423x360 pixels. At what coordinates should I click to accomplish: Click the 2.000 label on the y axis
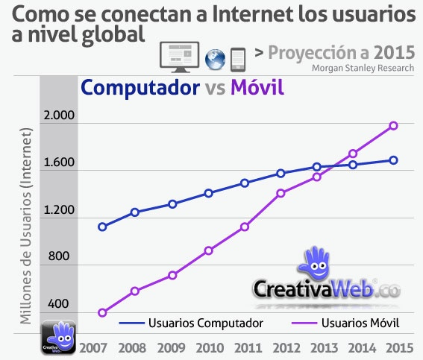coord(59,115)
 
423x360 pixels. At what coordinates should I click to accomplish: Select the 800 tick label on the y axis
coord(59,256)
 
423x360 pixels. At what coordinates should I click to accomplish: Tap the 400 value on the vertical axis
coord(58,303)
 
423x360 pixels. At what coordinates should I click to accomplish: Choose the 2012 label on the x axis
coord(286,348)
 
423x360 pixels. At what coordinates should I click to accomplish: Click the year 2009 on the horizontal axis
coord(171,348)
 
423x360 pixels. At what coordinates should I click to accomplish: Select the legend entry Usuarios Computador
coord(191,323)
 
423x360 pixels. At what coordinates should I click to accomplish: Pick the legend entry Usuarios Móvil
coord(345,323)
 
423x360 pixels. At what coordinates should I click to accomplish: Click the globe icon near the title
coord(215,60)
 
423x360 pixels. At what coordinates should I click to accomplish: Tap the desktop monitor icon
coord(179,57)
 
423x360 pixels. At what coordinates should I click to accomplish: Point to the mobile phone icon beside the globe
coord(238,60)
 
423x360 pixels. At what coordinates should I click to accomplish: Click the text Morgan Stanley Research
coord(363,68)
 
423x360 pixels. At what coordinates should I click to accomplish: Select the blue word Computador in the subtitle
coord(140,87)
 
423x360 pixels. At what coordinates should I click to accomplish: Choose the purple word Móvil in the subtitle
coord(257,87)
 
